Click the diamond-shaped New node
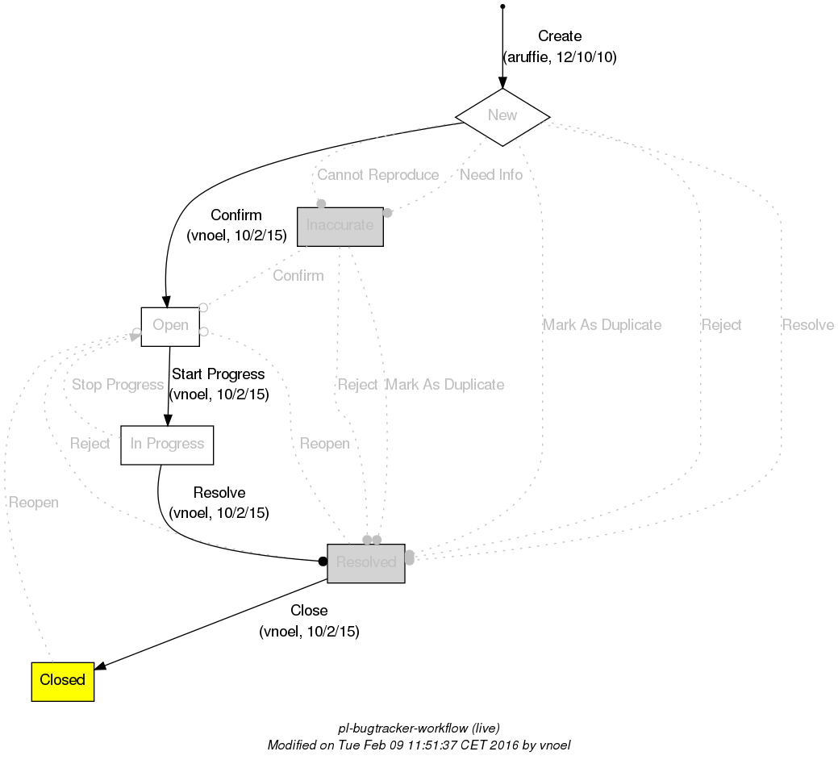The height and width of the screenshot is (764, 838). (x=502, y=115)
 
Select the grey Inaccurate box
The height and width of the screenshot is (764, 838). (x=340, y=226)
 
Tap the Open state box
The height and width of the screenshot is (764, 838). (x=170, y=326)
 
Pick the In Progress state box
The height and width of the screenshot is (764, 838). (x=167, y=445)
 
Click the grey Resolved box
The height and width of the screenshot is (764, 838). (x=365, y=563)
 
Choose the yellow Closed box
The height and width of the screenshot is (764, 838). (x=63, y=681)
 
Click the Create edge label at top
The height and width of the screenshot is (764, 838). (x=559, y=36)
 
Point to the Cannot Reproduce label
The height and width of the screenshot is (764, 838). (x=377, y=175)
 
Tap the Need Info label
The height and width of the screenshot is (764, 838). (x=490, y=175)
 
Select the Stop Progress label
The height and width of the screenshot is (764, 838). (x=117, y=385)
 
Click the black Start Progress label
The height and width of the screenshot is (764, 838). (x=218, y=374)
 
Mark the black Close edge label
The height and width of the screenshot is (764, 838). (x=309, y=611)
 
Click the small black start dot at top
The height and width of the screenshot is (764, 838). (x=502, y=6)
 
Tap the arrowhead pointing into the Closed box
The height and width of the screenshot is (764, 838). (x=101, y=665)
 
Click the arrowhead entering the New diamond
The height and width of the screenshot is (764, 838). (x=502, y=82)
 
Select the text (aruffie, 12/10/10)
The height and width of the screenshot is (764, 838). (x=559, y=58)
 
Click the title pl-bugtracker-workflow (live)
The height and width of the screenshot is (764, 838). (x=419, y=728)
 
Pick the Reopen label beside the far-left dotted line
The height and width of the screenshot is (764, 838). (x=33, y=503)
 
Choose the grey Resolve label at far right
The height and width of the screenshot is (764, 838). (x=807, y=325)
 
